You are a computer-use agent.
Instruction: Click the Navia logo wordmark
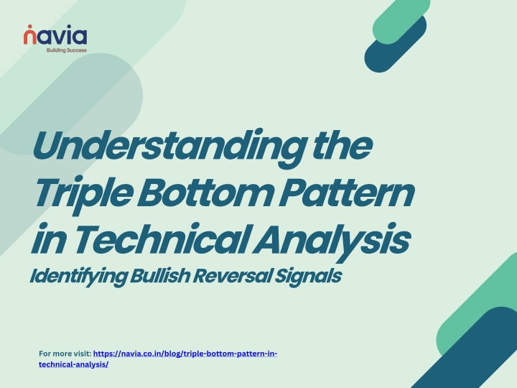point(55,34)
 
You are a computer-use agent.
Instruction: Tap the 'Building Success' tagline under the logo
point(67,50)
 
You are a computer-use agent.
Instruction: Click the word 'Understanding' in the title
point(169,147)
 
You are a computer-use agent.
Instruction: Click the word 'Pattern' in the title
point(347,193)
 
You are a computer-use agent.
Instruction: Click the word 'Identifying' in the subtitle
point(78,277)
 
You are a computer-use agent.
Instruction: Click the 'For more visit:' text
point(65,354)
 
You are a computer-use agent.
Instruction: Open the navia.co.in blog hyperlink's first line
point(185,354)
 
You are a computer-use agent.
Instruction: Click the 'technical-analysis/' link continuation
point(73,364)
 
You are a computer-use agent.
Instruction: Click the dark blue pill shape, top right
point(396,44)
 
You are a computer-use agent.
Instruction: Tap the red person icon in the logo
point(30,34)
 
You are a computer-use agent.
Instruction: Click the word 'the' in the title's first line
point(343,146)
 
